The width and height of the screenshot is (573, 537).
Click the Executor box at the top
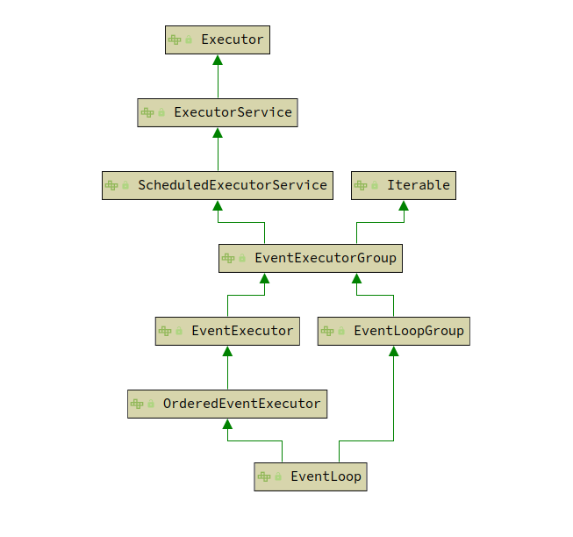(x=217, y=39)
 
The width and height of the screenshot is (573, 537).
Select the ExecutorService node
(x=218, y=112)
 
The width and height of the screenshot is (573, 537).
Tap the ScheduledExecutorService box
(x=218, y=185)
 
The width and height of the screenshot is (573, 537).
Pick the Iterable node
(x=404, y=185)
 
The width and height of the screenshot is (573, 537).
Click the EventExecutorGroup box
(x=310, y=258)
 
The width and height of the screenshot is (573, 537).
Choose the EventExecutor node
(x=227, y=331)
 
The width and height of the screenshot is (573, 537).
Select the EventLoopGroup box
(x=393, y=331)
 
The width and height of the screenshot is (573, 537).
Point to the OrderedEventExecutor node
(x=227, y=404)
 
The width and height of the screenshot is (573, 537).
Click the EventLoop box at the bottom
(x=311, y=476)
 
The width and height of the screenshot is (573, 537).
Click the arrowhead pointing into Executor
(x=218, y=61)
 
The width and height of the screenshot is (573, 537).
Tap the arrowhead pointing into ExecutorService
(x=218, y=133)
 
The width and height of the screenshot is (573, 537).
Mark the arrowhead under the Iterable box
(x=404, y=206)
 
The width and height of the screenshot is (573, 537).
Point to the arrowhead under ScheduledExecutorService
(x=218, y=206)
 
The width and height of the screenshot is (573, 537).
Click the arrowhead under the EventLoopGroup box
(x=393, y=352)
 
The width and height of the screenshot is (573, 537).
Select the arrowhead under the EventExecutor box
(x=227, y=352)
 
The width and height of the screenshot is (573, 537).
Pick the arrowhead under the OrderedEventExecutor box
(x=227, y=425)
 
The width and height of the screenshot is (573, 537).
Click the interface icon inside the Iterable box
(x=361, y=185)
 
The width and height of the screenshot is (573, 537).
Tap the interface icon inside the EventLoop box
(x=264, y=476)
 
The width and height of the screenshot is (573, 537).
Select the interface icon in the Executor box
(x=175, y=39)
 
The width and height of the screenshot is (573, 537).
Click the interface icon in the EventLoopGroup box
(x=327, y=331)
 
